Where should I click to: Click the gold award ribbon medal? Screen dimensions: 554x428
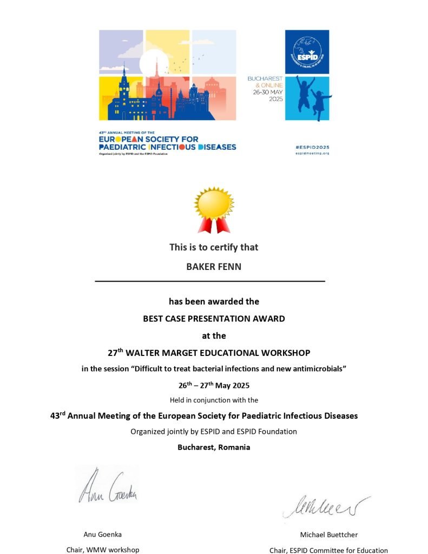[214, 208]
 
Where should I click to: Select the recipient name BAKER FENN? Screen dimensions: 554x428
[214, 266]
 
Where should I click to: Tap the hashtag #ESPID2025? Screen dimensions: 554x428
[312, 147]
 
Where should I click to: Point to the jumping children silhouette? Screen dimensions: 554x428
[313, 97]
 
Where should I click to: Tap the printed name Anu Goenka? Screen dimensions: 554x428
[102, 535]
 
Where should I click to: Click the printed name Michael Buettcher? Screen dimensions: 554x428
[328, 535]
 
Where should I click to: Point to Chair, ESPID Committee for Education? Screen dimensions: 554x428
[328, 550]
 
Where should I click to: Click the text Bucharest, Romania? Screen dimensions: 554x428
[214, 447]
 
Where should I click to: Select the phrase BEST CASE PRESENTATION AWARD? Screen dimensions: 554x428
[214, 319]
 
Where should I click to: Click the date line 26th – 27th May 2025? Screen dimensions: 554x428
[214, 385]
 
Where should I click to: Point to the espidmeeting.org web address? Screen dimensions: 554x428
[312, 153]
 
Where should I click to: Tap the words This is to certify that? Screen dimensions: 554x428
[214, 247]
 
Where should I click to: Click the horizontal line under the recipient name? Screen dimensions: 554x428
[210, 281]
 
